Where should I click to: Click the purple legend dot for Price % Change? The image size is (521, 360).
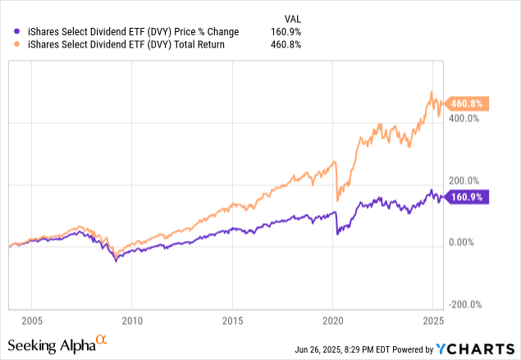pyautogui.click(x=8, y=31)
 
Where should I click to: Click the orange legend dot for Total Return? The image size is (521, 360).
pyautogui.click(x=8, y=44)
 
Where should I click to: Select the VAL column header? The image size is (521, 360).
pyautogui.click(x=290, y=17)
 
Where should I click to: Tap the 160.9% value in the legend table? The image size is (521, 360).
pyautogui.click(x=285, y=31)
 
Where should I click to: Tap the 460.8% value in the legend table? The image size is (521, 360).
pyautogui.click(x=285, y=44)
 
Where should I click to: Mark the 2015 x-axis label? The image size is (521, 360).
pyautogui.click(x=233, y=320)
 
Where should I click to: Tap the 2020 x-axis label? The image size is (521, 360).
pyautogui.click(x=333, y=320)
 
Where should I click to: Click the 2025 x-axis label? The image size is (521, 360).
pyautogui.click(x=433, y=320)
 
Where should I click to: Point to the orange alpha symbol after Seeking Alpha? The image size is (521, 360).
pyautogui.click(x=102, y=339)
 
